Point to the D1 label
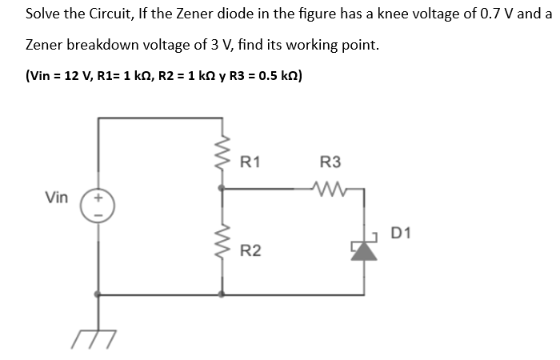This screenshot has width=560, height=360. point(402,234)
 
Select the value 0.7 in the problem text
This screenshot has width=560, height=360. point(486,14)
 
